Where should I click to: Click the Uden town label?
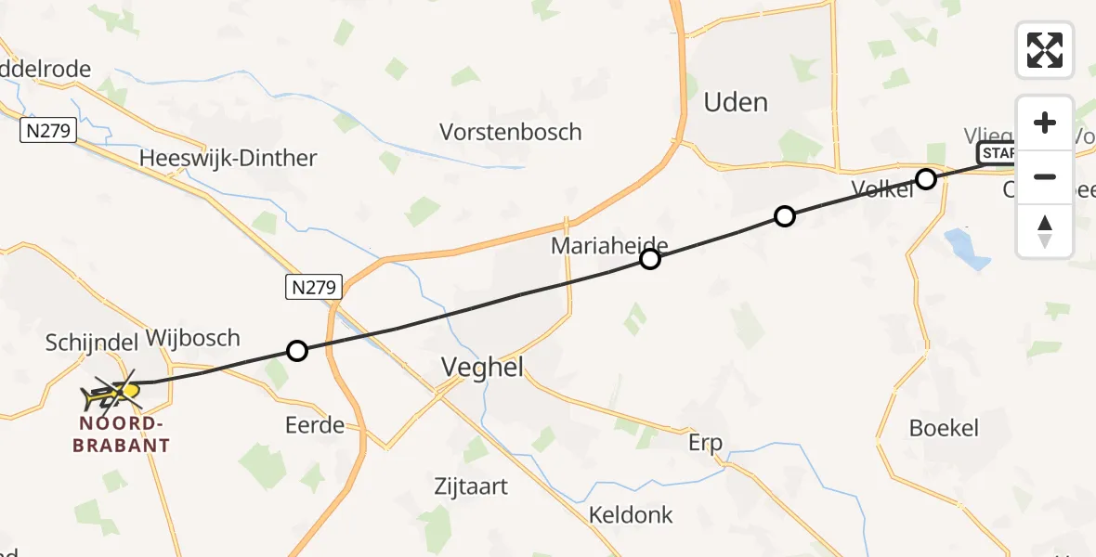pyautogui.click(x=736, y=102)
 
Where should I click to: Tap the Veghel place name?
pyautogui.click(x=482, y=368)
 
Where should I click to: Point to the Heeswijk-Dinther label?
pyautogui.click(x=228, y=158)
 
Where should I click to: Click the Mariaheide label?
pyautogui.click(x=609, y=246)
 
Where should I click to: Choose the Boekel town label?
pyautogui.click(x=944, y=429)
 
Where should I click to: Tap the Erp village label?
pyautogui.click(x=705, y=443)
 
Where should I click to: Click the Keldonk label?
pyautogui.click(x=631, y=515)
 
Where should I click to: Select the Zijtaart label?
pyautogui.click(x=471, y=486)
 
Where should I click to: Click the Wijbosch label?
pyautogui.click(x=193, y=338)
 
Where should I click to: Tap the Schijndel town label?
pyautogui.click(x=91, y=343)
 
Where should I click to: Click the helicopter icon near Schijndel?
pyautogui.click(x=111, y=395)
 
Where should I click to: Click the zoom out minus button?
pyautogui.click(x=1045, y=176)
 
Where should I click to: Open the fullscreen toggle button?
pyautogui.click(x=1045, y=49)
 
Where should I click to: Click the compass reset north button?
pyautogui.click(x=1045, y=231)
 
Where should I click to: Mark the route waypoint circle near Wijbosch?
pyautogui.click(x=296, y=351)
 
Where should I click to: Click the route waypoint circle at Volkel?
pyautogui.click(x=925, y=179)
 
